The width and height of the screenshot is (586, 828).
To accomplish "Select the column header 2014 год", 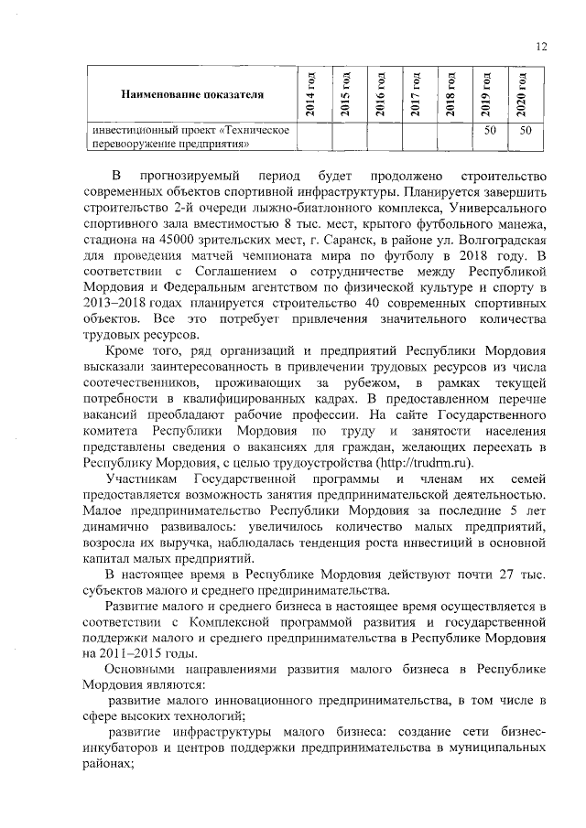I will [x=309, y=93].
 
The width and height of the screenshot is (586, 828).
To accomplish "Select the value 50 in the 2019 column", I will [x=490, y=131].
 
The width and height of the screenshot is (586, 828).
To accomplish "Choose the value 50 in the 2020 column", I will [x=525, y=131].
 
